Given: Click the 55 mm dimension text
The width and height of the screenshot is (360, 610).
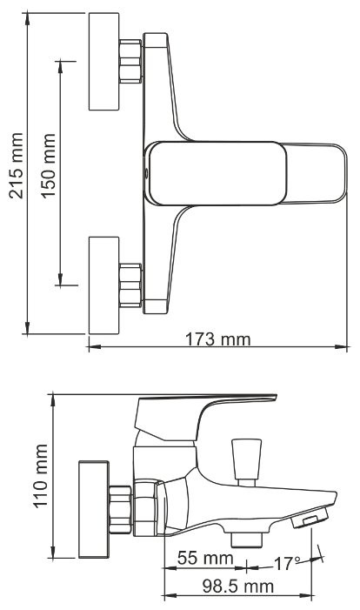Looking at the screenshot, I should tap(205, 558).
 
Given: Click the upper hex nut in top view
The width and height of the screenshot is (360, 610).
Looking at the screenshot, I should tap(130, 62).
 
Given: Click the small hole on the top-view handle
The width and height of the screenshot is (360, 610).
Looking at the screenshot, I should tap(147, 172).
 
